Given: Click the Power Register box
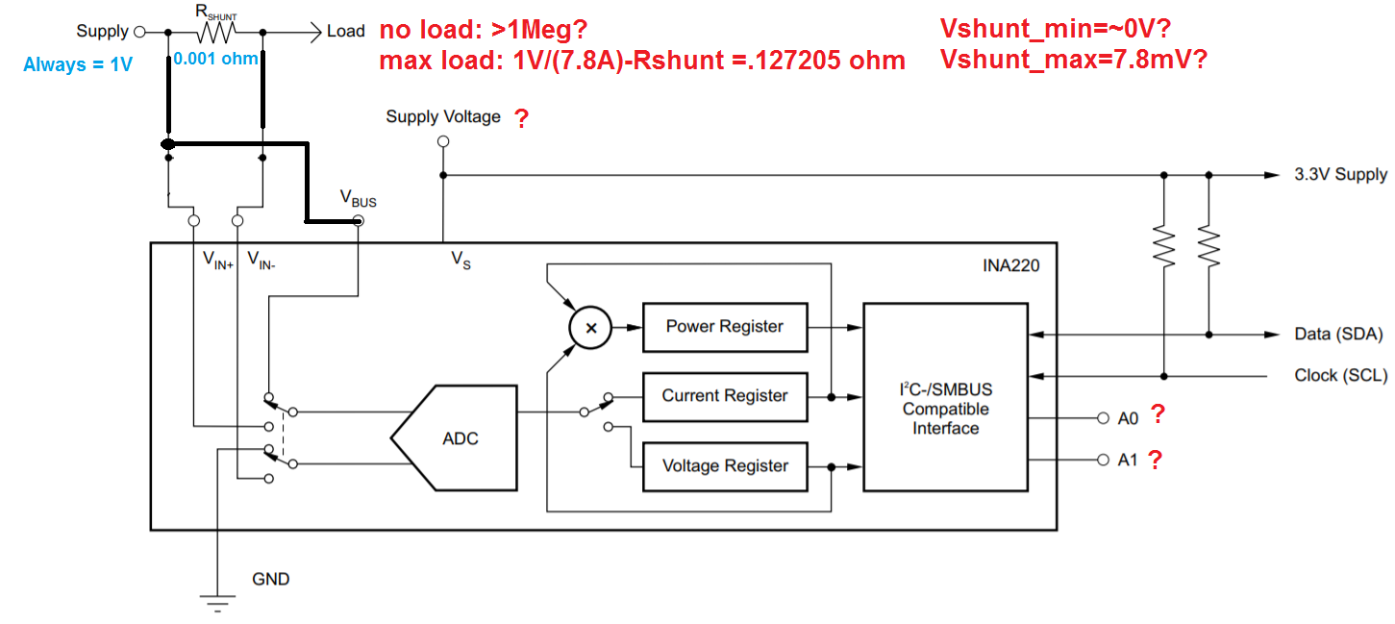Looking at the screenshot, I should tap(725, 326).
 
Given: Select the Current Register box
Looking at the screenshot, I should tap(725, 396).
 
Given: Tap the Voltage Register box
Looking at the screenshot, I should tap(725, 466).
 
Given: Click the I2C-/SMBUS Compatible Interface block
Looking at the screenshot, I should tap(945, 409).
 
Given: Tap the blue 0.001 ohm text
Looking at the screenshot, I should tap(215, 59).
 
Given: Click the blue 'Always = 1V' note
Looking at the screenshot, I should tap(77, 64).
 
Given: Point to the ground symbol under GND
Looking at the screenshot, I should tap(218, 601).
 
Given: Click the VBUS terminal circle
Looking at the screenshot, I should tap(358, 221).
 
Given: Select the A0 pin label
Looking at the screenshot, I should tap(1128, 419).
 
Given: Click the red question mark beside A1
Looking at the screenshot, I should tap(1155, 460).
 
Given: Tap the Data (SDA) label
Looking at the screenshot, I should tap(1338, 335).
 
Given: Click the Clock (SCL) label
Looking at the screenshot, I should tap(1340, 375).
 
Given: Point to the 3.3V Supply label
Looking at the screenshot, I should tap(1340, 175).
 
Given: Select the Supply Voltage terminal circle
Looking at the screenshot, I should tap(443, 141).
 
